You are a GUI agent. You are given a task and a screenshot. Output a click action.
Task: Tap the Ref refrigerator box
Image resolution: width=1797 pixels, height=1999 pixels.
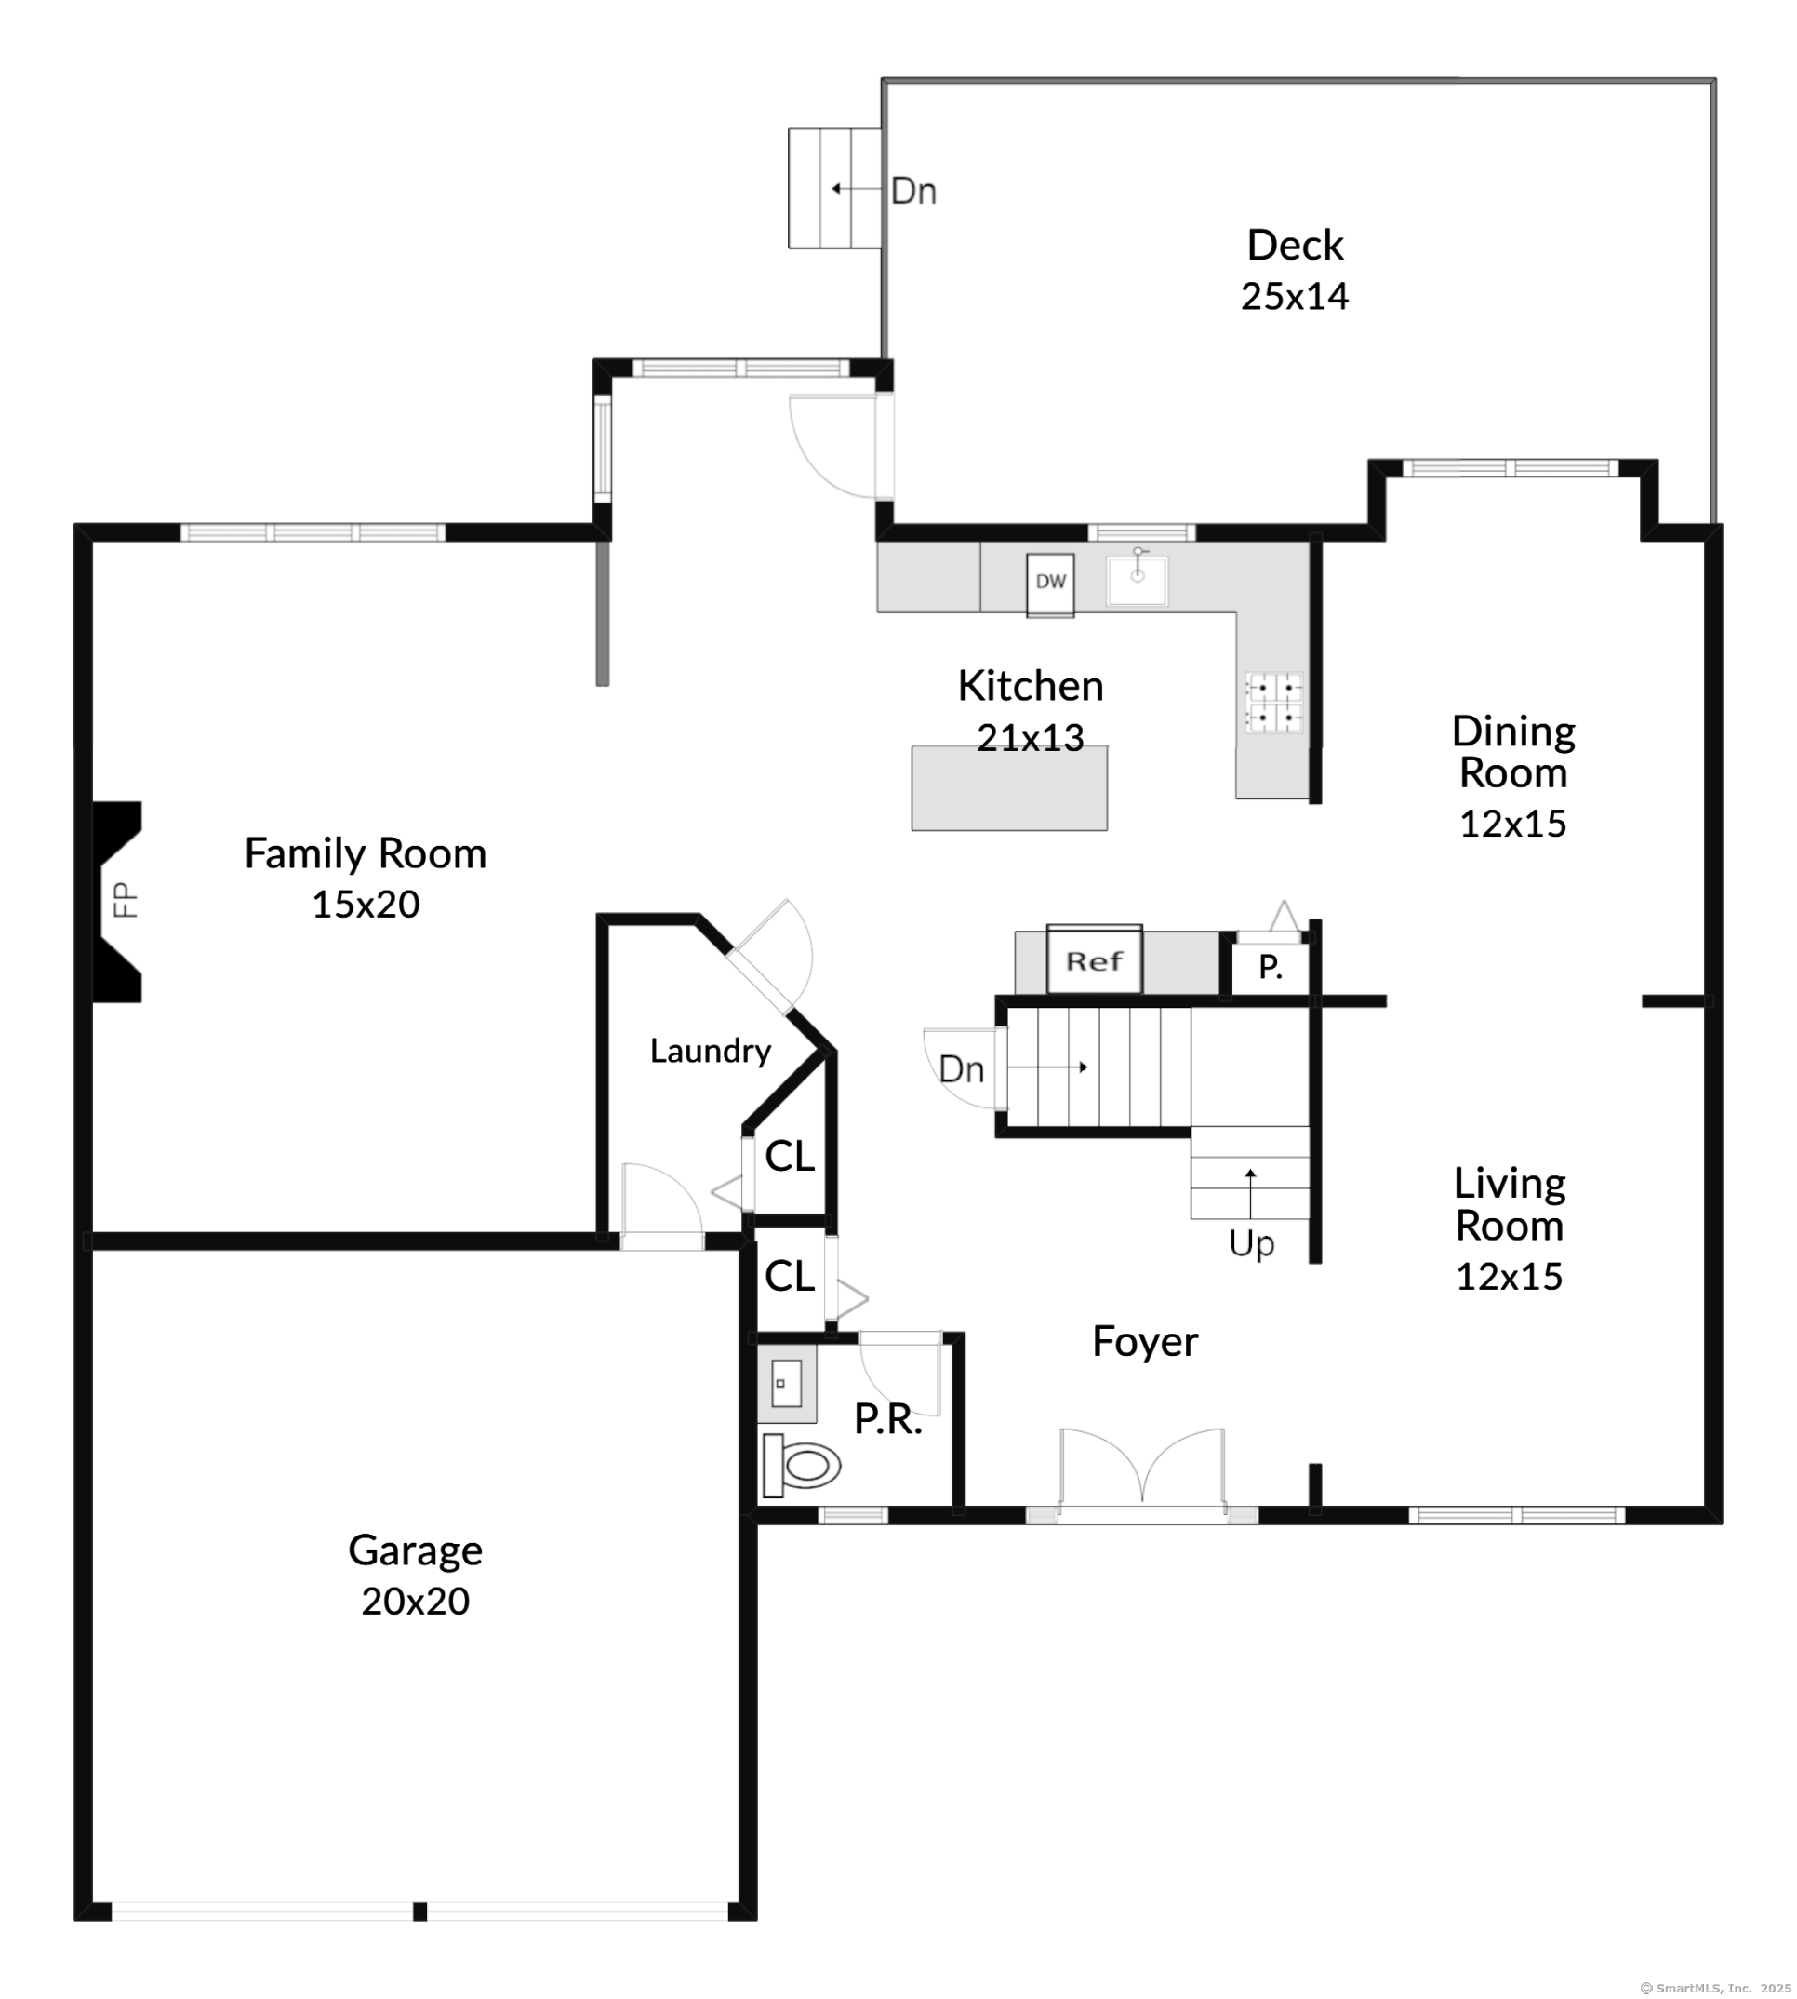[1094, 960]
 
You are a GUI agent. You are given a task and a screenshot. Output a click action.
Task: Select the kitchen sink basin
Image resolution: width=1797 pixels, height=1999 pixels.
[1138, 581]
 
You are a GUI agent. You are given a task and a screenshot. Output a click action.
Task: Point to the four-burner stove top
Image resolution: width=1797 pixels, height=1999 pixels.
[1273, 703]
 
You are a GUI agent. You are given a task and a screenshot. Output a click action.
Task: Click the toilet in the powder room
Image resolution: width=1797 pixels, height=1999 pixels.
[801, 1466]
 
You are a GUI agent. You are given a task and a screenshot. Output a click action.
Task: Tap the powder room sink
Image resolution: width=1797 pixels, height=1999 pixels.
[787, 1384]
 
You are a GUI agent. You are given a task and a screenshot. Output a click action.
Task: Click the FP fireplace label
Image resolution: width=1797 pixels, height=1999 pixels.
[126, 900]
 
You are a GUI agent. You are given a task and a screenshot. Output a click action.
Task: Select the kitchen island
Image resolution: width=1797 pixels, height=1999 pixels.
[1009, 788]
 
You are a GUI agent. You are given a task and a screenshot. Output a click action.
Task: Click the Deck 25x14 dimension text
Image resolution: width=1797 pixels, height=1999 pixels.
[1295, 296]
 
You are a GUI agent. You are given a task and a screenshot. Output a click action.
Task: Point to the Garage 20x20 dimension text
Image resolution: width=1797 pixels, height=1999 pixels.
[415, 1601]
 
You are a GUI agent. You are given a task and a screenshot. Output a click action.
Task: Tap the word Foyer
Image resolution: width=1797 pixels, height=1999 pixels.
[1144, 1341]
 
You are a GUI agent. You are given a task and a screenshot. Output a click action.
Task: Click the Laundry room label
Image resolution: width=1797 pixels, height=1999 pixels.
[710, 1051]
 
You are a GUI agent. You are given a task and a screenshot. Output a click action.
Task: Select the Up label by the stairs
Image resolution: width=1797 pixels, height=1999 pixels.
[1251, 1243]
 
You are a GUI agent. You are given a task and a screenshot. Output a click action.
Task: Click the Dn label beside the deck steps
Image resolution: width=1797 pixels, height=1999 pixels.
[913, 191]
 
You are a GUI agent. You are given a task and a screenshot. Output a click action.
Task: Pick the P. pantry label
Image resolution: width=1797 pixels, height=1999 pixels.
[1271, 967]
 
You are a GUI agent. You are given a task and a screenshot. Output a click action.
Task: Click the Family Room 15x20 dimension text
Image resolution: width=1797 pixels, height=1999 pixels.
[366, 904]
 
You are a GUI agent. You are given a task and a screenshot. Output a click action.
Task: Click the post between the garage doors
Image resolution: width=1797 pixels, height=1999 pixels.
[419, 1912]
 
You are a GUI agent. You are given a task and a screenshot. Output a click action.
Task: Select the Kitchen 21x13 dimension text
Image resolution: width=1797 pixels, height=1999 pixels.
[1030, 738]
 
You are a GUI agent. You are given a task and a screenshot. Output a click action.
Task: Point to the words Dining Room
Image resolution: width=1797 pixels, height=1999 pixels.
[1512, 752]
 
